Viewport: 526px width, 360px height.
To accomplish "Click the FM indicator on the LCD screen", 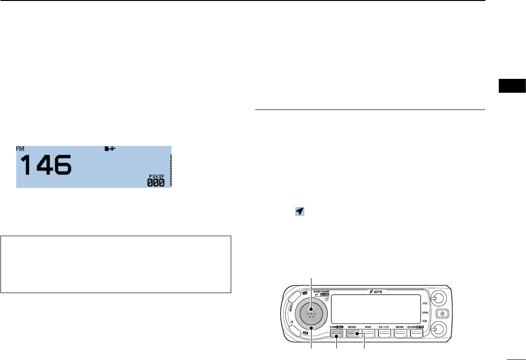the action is tap(21, 149).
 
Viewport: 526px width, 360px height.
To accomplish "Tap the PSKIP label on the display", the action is tap(156, 176).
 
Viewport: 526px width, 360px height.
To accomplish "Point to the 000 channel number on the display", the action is tap(156, 182).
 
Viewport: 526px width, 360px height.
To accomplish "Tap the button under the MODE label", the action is tap(353, 332).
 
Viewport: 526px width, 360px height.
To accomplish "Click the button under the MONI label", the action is tap(400, 332).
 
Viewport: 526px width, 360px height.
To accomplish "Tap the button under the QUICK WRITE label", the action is tap(417, 332).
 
